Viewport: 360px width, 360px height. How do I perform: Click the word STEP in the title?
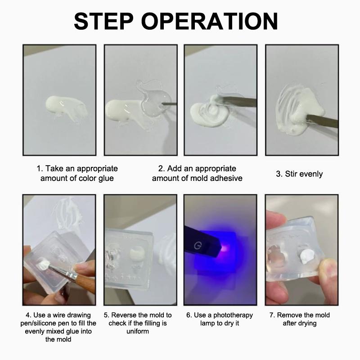[x=103, y=21]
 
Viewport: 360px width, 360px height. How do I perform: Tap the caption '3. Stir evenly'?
[x=299, y=174]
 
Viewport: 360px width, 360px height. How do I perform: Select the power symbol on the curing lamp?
[x=197, y=246]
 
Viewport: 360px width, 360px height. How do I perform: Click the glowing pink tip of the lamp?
[x=225, y=248]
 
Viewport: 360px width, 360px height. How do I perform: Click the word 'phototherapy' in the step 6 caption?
[x=233, y=315]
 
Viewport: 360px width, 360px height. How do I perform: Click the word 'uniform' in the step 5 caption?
[x=138, y=331]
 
